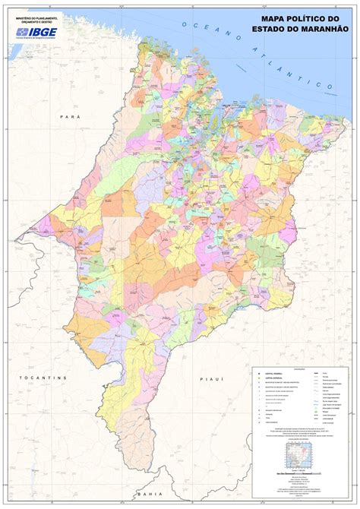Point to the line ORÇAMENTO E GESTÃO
(33, 21)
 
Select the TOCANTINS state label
(45, 378)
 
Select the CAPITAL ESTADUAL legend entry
(276, 380)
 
